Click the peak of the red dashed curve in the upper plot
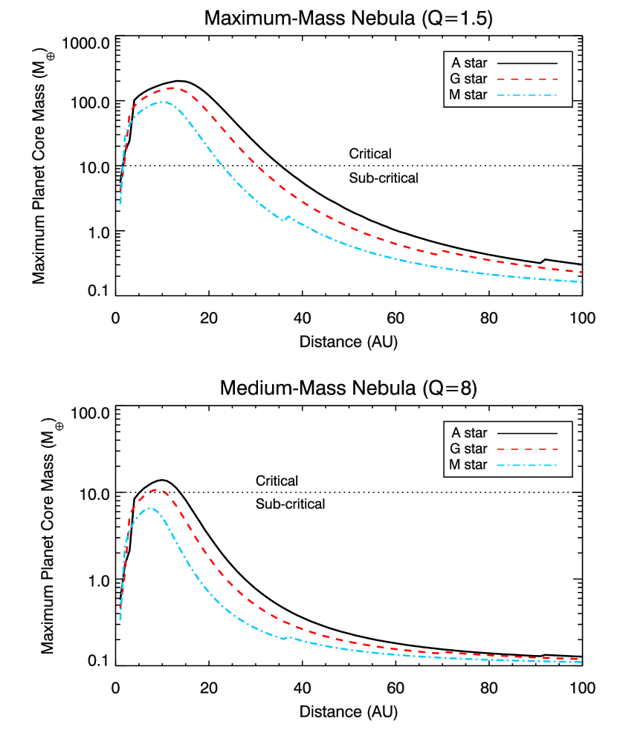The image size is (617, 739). pyautogui.click(x=174, y=88)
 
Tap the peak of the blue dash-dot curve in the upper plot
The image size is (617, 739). pyautogui.click(x=162, y=102)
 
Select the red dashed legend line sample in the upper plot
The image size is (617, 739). pyautogui.click(x=527, y=79)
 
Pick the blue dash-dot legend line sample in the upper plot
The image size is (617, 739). pyautogui.click(x=527, y=95)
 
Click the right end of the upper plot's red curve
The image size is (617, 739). pyautogui.click(x=581, y=272)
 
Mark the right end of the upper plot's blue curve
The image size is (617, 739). pyautogui.click(x=581, y=281)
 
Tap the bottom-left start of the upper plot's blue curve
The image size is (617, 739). pyautogui.click(x=120, y=202)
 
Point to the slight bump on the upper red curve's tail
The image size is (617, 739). pyautogui.click(x=444, y=251)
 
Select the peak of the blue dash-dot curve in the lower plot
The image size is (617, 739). pyautogui.click(x=149, y=508)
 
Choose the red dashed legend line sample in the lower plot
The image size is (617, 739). pyautogui.click(x=527, y=449)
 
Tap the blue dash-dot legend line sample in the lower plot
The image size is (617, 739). pyautogui.click(x=527, y=466)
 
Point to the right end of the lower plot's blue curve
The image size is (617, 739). pyautogui.click(x=581, y=662)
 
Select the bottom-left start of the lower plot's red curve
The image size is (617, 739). pyautogui.click(x=120, y=608)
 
